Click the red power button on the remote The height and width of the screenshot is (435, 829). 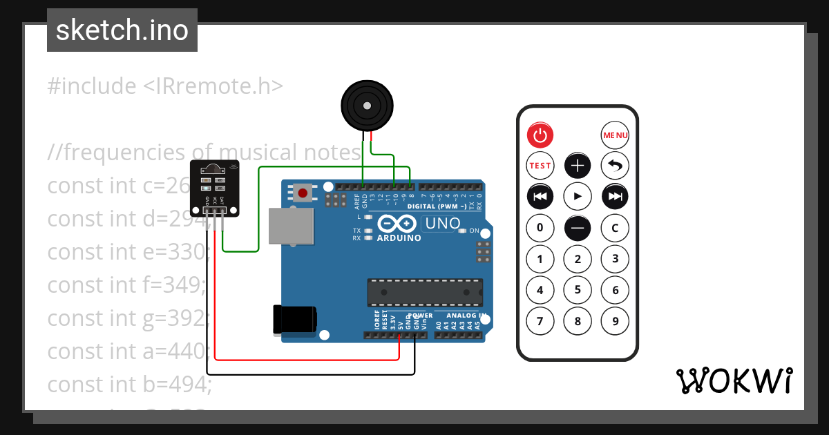pyautogui.click(x=540, y=135)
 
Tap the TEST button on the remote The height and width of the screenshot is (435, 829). pyautogui.click(x=540, y=166)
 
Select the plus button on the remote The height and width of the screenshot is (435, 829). pyautogui.click(x=578, y=166)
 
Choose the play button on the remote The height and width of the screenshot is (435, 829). pyautogui.click(x=578, y=197)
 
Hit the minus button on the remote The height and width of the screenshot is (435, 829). pyautogui.click(x=578, y=228)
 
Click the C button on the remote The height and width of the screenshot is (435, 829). pyautogui.click(x=615, y=228)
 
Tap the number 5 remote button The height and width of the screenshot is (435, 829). pyautogui.click(x=578, y=290)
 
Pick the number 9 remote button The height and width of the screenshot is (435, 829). pyautogui.click(x=615, y=320)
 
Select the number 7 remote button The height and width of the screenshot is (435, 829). pyautogui.click(x=540, y=320)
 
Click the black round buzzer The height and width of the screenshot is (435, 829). pyautogui.click(x=367, y=106)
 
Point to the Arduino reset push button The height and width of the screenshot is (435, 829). pyautogui.click(x=302, y=192)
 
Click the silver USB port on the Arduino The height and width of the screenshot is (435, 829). pyautogui.click(x=291, y=226)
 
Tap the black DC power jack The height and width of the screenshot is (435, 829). pyautogui.click(x=295, y=320)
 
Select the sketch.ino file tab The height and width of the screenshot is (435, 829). pyautogui.click(x=122, y=30)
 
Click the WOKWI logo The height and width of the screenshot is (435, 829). pyautogui.click(x=734, y=380)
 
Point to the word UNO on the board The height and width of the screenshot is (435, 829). pyautogui.click(x=442, y=224)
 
